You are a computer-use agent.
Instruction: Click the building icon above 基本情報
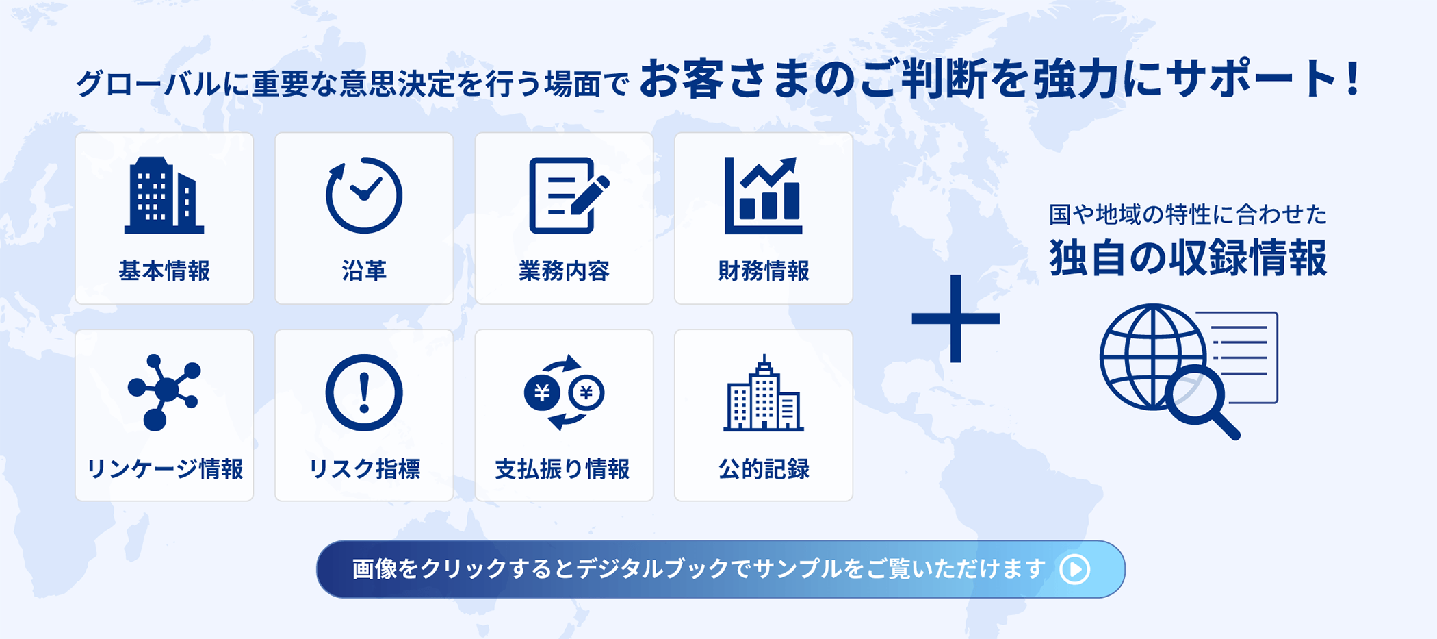click(164, 195)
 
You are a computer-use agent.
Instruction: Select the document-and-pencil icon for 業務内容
click(568, 195)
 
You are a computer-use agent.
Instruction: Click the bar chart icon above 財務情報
click(763, 195)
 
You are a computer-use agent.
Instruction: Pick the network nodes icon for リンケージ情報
click(164, 392)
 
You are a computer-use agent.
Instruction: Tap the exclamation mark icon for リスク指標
click(364, 392)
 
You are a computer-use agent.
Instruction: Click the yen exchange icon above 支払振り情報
click(564, 392)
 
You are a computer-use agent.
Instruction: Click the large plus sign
click(956, 318)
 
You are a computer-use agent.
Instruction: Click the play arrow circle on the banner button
click(1074, 569)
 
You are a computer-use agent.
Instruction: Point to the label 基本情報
click(164, 271)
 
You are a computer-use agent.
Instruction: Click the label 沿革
click(364, 271)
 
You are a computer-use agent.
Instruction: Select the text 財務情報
click(764, 271)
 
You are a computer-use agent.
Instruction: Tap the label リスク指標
click(364, 469)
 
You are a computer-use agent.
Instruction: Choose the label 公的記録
click(764, 469)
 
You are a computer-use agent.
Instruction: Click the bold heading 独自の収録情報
click(1188, 258)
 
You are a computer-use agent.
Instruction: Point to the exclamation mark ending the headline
click(1352, 79)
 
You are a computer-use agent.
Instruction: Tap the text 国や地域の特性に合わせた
click(1188, 214)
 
